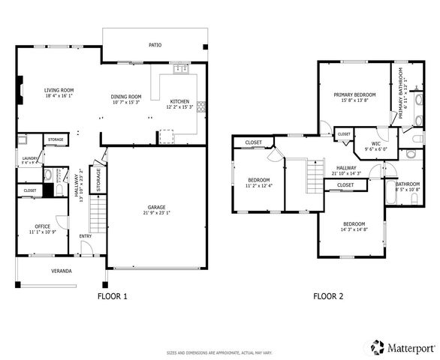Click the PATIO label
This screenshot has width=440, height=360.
[x=155, y=45]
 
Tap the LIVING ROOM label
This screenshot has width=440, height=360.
[x=58, y=90]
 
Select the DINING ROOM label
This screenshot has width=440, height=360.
[x=126, y=97]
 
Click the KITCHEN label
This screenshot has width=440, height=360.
[x=179, y=101]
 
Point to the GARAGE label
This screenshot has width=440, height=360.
[x=156, y=207]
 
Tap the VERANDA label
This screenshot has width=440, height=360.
[x=62, y=270]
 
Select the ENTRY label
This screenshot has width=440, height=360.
[x=86, y=237]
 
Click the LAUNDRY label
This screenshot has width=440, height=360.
[x=29, y=157]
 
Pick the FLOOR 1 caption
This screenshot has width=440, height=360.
[x=113, y=296]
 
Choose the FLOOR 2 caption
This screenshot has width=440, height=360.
[x=328, y=296]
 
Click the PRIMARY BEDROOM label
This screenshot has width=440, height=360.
[x=354, y=94]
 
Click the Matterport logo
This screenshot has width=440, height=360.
[x=396, y=347]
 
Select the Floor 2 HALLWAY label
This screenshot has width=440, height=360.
[x=346, y=168]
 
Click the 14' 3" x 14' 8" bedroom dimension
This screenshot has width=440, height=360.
[x=354, y=230]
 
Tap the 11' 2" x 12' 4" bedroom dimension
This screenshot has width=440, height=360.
[x=259, y=185]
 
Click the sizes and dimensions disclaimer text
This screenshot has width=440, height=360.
[x=219, y=352]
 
